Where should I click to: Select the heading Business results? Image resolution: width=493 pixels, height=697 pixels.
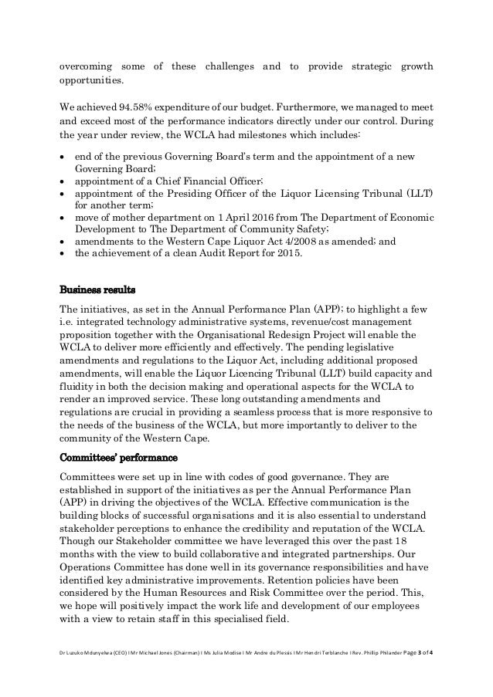pos(97,290)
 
